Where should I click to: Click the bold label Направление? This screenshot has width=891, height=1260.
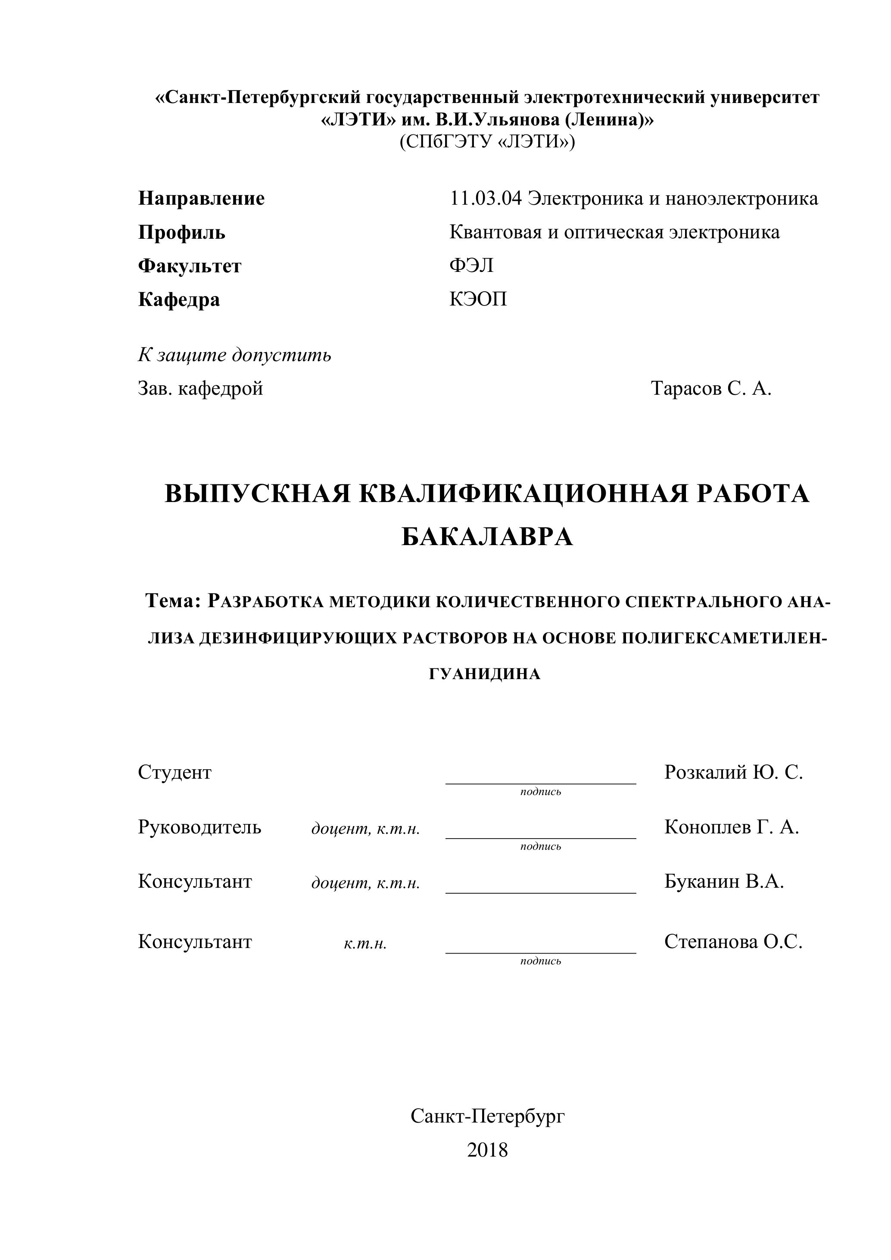(x=201, y=198)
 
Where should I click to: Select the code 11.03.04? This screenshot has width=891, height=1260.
(x=485, y=198)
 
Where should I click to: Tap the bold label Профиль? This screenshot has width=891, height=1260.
(x=181, y=232)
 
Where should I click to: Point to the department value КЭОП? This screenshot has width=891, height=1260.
(x=478, y=299)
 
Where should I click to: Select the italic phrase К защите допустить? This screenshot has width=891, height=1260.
(x=234, y=355)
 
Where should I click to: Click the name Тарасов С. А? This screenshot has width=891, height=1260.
(x=711, y=389)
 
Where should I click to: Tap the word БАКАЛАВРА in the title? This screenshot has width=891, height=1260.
(x=487, y=537)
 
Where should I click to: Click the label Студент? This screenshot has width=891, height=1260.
(x=174, y=772)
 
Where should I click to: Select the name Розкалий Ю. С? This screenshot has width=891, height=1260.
(x=733, y=772)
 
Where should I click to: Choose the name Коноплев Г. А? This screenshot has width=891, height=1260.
(x=731, y=826)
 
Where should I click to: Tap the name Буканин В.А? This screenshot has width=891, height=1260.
(x=724, y=881)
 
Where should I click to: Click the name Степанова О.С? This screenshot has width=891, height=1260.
(x=733, y=942)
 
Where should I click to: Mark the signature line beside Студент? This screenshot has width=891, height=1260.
(x=540, y=783)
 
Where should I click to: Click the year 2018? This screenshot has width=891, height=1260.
(x=487, y=1150)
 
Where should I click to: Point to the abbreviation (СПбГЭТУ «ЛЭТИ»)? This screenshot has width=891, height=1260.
(x=487, y=142)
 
